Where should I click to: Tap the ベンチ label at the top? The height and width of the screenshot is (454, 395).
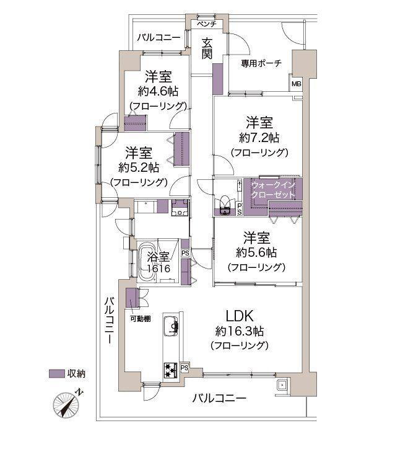coord(206,24)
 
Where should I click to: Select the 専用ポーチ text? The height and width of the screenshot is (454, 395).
coord(261,63)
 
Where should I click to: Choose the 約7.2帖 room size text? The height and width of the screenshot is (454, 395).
coord(258,136)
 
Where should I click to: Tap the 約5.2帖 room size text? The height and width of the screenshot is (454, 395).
coord(139,167)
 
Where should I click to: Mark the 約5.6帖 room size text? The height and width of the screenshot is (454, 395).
coord(256,252)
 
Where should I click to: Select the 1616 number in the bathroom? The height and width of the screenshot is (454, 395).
coord(158,269)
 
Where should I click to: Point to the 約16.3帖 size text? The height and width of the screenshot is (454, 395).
coord(238,331)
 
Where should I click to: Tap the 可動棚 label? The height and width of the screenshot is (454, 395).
coord(140,319)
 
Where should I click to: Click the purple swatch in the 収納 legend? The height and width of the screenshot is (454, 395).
coord(57,373)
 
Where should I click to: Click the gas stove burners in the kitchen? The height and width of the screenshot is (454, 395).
coord(170,369)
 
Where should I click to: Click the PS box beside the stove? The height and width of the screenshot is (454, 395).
coord(184,368)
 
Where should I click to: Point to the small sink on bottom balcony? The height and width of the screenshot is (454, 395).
coord(282,384)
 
